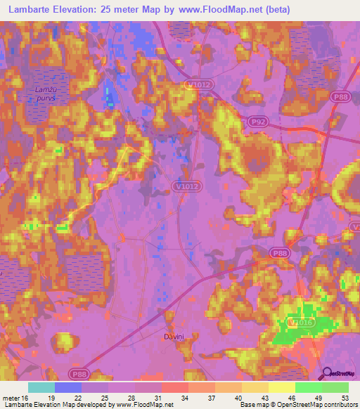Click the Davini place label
point(173,337)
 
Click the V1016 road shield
point(299,322)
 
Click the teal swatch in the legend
point(41,387)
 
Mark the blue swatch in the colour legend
point(68,387)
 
